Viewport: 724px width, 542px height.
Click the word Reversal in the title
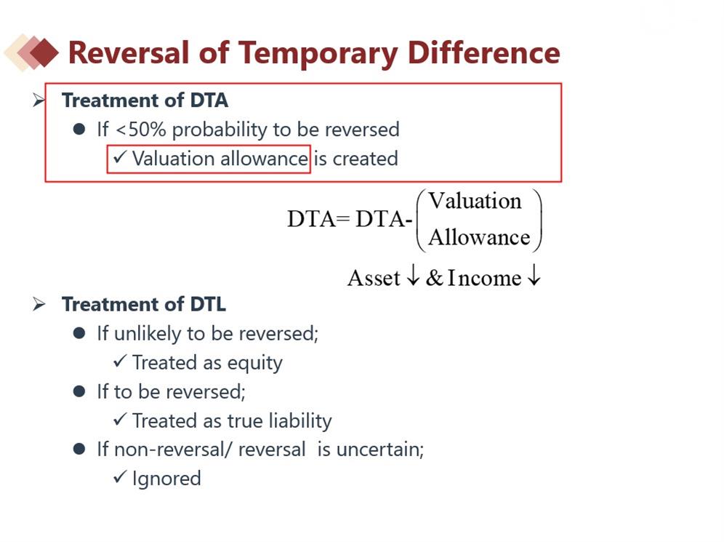coord(129,52)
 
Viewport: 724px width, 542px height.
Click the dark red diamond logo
coord(44,52)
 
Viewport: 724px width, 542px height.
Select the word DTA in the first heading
coord(209,100)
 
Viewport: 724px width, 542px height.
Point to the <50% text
coord(141,129)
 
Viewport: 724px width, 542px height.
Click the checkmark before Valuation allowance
coord(120,158)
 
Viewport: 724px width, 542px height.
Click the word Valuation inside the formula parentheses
coord(475,201)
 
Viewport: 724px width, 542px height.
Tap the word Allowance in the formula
coord(479,237)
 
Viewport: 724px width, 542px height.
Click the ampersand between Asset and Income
coord(434,278)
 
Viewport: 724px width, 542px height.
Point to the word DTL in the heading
coord(208,305)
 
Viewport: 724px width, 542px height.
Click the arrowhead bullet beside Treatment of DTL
coord(39,304)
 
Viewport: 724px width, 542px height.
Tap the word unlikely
coord(148,334)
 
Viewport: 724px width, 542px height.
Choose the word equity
coord(255,364)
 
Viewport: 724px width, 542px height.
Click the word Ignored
coord(166,479)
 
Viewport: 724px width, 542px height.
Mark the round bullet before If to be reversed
coord(79,391)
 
